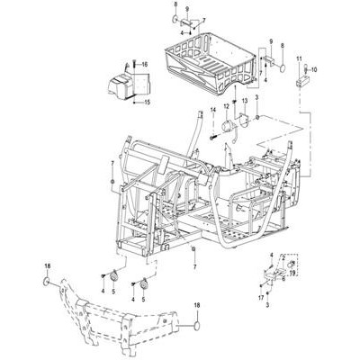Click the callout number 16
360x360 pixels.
coord(145,65)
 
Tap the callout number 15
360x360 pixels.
coord(147,103)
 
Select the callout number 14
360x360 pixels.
coord(213,110)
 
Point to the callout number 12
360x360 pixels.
coord(226,106)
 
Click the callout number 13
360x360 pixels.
coord(245,101)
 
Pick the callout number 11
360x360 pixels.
coord(299,58)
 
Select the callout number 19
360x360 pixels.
coord(292,273)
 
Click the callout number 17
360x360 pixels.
coord(261,298)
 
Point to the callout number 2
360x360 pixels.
coord(283,257)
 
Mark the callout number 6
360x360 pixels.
coord(283,278)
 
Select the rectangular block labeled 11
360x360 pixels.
coord(303,81)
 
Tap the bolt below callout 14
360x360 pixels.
coord(213,138)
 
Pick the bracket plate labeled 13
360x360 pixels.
coord(244,120)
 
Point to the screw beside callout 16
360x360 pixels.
coord(135,64)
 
